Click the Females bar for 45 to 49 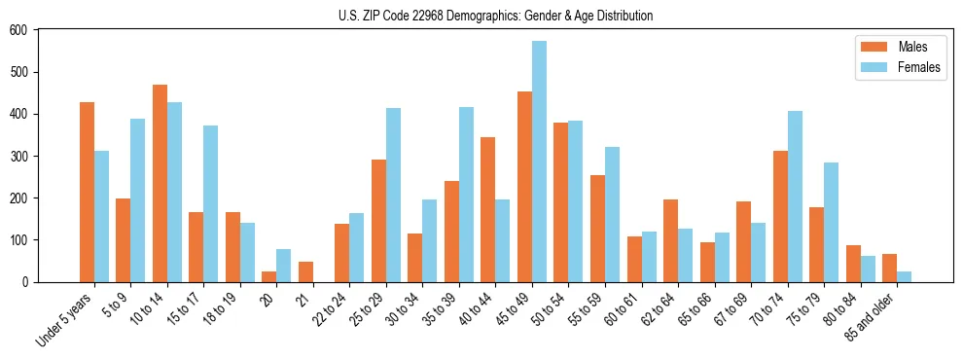point(539,162)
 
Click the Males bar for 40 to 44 point(488,209)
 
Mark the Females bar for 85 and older point(904,276)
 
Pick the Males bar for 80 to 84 point(853,264)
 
